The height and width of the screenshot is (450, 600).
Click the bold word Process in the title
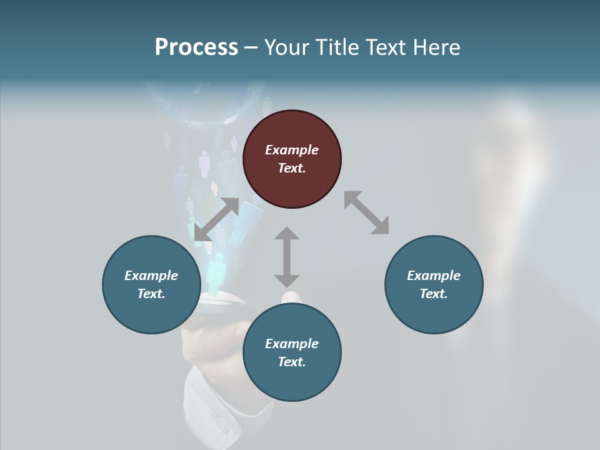coord(196,47)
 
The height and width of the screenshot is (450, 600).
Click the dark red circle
coord(292,159)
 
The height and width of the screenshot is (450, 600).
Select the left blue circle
coord(151,284)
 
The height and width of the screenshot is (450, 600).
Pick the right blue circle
coord(434,284)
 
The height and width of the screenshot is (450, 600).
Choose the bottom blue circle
coord(292,352)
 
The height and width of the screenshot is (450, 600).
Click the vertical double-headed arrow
coord(287,257)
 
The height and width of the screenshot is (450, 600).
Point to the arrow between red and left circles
coord(217,219)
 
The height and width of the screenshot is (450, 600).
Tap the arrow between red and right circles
coord(366,212)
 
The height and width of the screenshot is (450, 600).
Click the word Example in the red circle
coord(292,150)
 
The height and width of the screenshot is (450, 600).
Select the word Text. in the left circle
coord(151,294)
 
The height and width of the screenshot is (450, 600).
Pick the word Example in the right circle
coord(434,276)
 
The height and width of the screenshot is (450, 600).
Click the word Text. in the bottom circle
coord(292,362)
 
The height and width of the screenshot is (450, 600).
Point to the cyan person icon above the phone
coord(216,275)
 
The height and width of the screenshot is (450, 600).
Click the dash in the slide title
coord(251,47)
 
